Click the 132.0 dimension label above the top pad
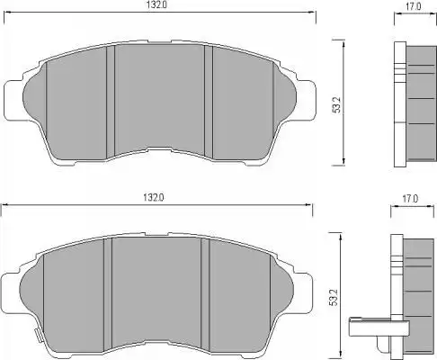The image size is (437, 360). click(x=156, y=4)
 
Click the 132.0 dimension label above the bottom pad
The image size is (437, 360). click(x=154, y=198)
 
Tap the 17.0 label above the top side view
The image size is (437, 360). click(x=414, y=6)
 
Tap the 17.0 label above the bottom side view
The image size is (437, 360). click(x=410, y=199)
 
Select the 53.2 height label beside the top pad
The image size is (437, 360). click(x=337, y=104)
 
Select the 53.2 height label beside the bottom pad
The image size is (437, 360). click(x=334, y=297)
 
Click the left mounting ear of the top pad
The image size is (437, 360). click(x=13, y=100)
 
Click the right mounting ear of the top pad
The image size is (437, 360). click(x=306, y=99)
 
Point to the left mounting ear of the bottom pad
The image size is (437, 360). click(x=10, y=292)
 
